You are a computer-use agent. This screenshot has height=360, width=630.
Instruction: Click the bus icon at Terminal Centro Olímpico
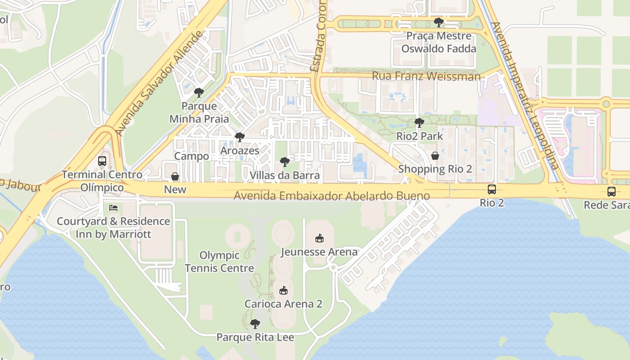(102, 161)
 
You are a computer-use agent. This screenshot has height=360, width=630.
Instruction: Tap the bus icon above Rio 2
(492, 189)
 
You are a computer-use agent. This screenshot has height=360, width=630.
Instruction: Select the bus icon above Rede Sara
(612, 192)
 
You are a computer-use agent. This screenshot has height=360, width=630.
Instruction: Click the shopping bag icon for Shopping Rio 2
(435, 156)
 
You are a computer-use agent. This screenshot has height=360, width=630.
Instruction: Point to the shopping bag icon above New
(175, 176)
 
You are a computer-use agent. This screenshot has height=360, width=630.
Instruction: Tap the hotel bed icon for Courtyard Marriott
(113, 208)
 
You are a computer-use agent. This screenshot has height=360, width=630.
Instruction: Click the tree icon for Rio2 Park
(419, 122)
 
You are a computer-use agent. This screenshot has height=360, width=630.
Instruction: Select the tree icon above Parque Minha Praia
(198, 93)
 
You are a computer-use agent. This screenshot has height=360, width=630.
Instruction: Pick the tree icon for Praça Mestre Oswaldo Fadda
(439, 22)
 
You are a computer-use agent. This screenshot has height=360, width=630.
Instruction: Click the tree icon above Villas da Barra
(284, 162)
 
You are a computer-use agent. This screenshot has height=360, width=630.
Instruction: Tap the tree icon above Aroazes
(240, 137)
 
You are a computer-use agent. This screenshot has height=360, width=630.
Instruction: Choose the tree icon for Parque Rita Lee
(255, 324)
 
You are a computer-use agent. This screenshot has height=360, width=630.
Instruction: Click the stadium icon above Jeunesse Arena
(319, 238)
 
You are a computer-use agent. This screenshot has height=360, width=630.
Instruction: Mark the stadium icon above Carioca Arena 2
(283, 291)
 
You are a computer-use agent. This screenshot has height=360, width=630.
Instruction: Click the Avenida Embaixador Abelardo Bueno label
(332, 196)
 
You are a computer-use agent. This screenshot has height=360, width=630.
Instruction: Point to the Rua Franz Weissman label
(426, 76)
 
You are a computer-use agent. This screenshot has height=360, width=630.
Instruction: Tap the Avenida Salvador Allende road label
(160, 84)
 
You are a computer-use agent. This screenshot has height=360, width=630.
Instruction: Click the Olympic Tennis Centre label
(219, 262)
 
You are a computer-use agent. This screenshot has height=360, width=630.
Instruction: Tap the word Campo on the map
(192, 156)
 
